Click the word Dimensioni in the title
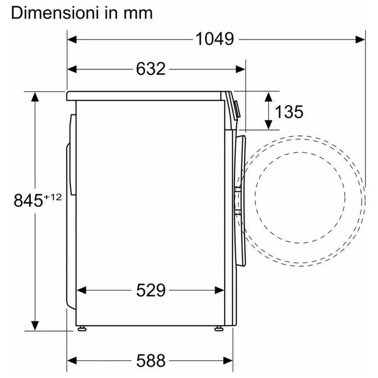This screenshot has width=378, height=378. point(54,13)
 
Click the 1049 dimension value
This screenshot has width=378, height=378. point(215,39)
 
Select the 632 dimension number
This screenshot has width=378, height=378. point(151,69)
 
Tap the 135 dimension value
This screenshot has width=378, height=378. point(289,112)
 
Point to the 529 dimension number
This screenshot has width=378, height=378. point(151,290)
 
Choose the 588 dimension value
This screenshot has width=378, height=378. point(151,361)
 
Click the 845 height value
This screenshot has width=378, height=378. point(28,201)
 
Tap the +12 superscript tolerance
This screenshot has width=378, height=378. point(53,197)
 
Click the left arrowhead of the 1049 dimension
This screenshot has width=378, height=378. point(72,39)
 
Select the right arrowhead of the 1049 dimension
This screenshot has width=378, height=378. point(360,39)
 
